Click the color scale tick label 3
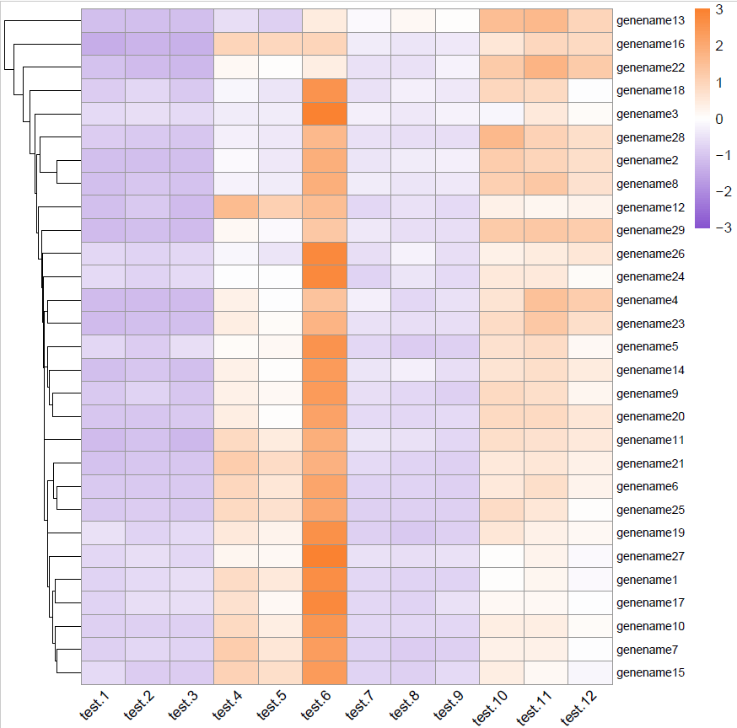coord(719,9)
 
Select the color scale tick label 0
coord(719,119)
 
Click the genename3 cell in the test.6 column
coord(325,113)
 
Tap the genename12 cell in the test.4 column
coord(236,206)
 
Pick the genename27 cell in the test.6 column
coord(325,556)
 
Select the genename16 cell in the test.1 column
coord(103,43)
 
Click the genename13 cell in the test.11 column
coord(546,20)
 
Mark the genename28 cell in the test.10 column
coord(502,136)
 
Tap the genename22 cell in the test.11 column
coord(546,67)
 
